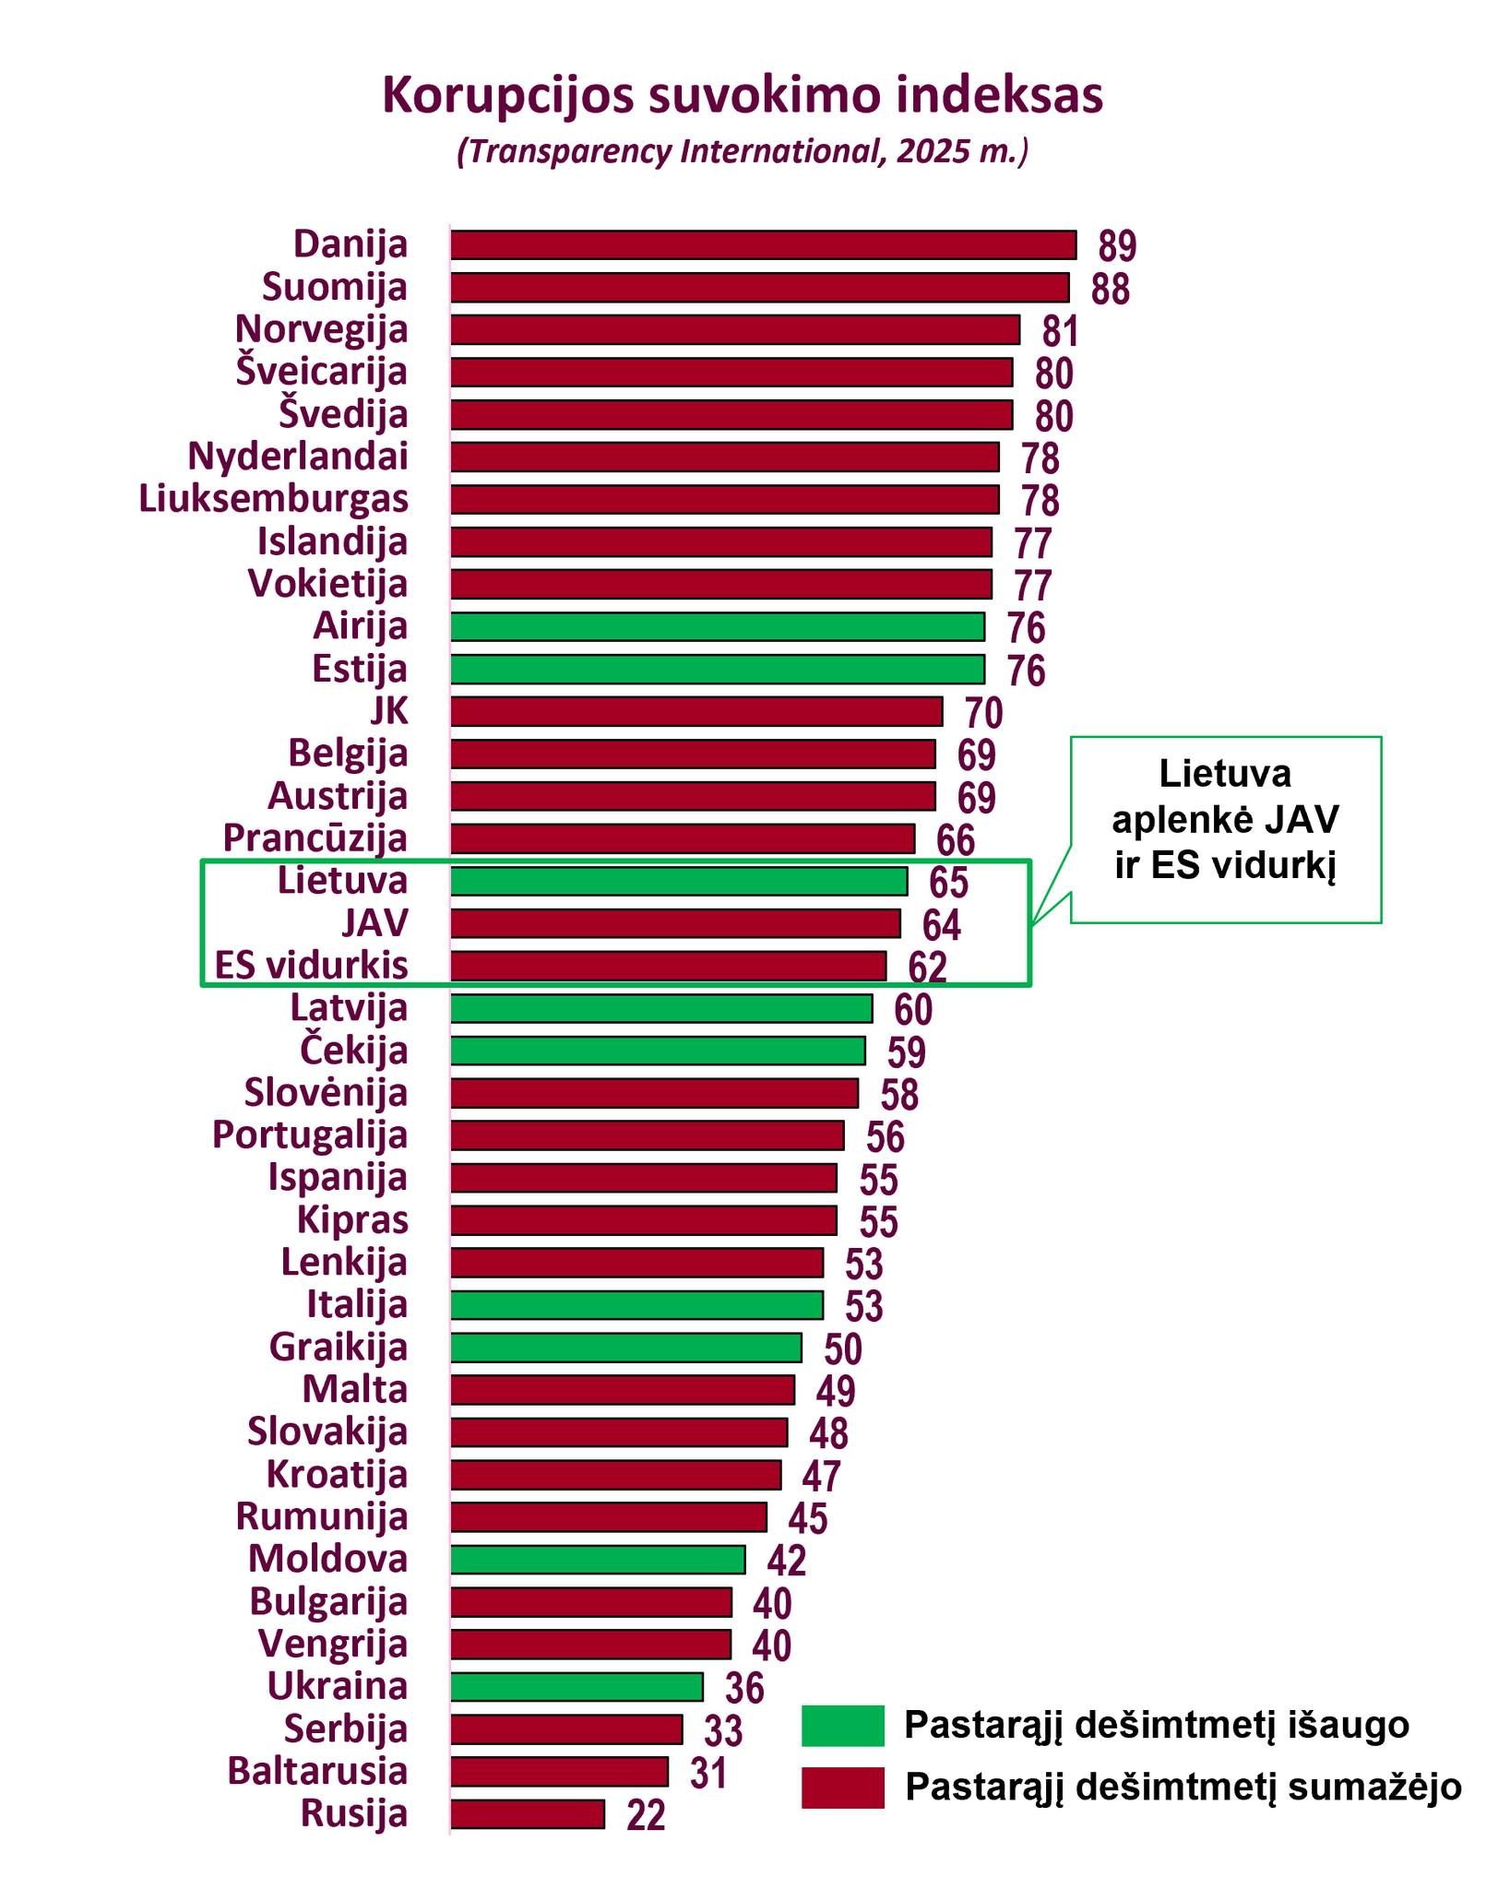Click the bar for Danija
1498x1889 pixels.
(x=763, y=245)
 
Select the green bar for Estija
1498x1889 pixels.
(x=717, y=669)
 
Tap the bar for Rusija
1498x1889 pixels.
(x=527, y=1813)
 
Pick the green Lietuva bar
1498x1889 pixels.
(x=678, y=881)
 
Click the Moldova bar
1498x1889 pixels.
(x=597, y=1559)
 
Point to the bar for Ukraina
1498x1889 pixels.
(x=576, y=1686)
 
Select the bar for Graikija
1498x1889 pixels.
(x=625, y=1348)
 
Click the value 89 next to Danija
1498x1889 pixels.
(x=1116, y=246)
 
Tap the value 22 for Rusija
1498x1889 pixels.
(x=646, y=1815)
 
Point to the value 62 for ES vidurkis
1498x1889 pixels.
(x=927, y=967)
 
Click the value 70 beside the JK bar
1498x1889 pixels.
(x=983, y=713)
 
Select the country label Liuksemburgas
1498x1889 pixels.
(x=273, y=499)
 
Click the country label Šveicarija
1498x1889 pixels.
(x=321, y=372)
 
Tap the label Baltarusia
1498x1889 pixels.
(x=317, y=1771)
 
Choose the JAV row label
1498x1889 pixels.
(x=374, y=923)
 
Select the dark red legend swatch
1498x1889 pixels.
(x=841, y=1787)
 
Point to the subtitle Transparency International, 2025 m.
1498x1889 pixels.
(x=742, y=151)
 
